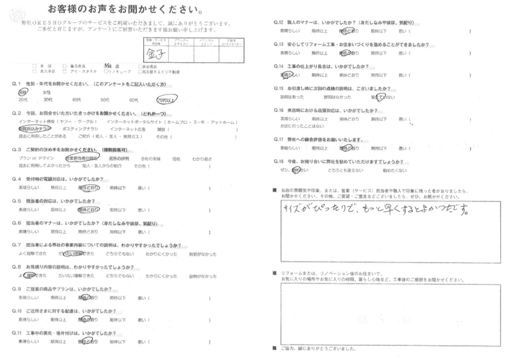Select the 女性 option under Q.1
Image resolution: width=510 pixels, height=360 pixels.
[x=46, y=92]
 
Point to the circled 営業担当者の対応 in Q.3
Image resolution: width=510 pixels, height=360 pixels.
[x=82, y=159]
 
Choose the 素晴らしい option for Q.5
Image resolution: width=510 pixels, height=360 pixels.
[x=28, y=210]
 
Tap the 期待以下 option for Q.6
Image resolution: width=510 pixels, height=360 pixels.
[x=118, y=232]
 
